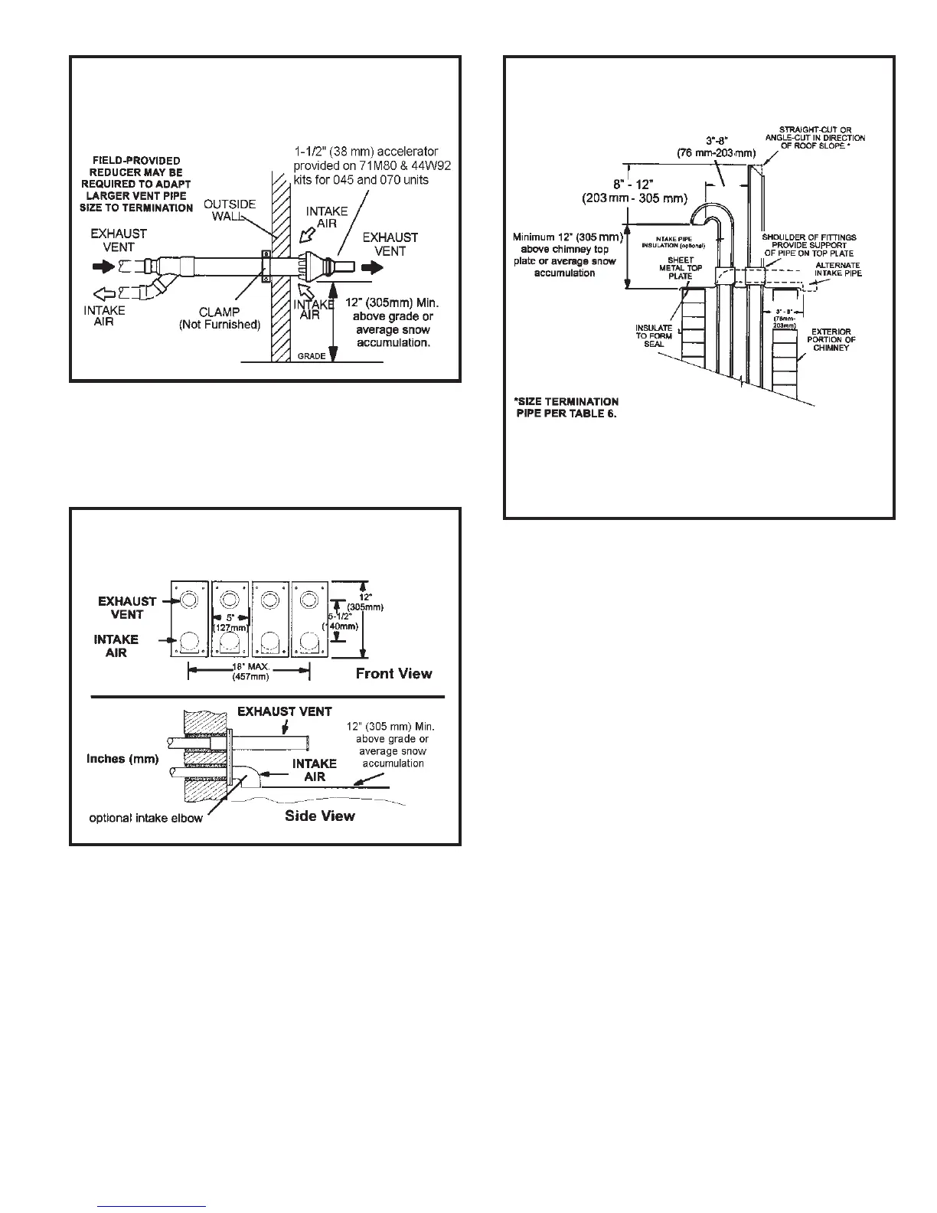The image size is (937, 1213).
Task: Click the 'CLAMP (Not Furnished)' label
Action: coord(220,318)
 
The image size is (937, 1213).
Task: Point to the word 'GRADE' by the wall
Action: coord(311,356)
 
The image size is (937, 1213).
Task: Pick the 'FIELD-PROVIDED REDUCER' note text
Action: coord(136,184)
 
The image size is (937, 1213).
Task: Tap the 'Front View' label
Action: coord(393,674)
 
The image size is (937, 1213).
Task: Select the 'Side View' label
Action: coord(319,816)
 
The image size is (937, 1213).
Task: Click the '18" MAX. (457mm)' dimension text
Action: coord(250,672)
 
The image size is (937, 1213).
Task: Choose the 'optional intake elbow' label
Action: coord(146,819)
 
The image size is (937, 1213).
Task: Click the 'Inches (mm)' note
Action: coord(122,759)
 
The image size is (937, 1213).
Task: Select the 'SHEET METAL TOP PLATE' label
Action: coord(680,268)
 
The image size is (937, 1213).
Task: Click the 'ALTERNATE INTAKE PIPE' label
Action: coord(837,269)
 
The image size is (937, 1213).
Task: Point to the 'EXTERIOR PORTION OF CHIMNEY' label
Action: coord(831,339)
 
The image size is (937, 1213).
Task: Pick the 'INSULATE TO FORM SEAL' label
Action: coord(654,335)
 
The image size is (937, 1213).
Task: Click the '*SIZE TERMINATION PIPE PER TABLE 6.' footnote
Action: coord(566,407)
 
